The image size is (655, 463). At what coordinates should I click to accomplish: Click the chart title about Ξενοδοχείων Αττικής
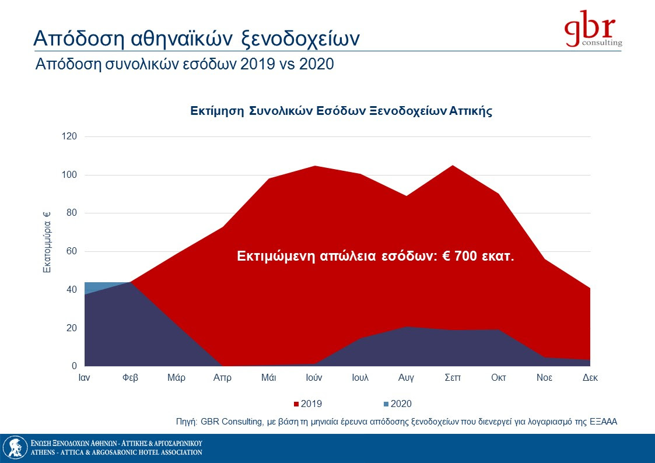341,111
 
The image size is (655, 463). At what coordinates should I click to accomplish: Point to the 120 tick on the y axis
71,136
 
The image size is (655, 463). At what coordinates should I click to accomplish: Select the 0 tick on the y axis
75,366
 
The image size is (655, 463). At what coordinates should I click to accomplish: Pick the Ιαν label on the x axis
85,378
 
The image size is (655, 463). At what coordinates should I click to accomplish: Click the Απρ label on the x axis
222,378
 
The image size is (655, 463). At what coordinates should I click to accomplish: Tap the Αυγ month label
406,378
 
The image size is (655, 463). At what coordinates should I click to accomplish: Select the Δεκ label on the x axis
590,378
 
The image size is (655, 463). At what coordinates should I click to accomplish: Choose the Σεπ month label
452,378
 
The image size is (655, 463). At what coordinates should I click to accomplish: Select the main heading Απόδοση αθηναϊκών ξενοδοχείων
196,38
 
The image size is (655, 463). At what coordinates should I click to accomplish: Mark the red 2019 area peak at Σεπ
452,166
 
